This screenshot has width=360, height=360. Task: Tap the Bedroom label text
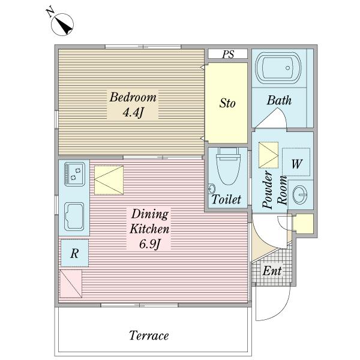[x=133, y=97]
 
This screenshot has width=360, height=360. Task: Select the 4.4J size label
[x=133, y=113]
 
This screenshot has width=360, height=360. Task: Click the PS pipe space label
[x=228, y=54]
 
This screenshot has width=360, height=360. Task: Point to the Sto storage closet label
[x=227, y=103]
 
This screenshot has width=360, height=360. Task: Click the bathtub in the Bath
[x=278, y=68]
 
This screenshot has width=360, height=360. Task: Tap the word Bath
[x=279, y=101]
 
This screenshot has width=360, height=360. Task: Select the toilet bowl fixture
[x=229, y=166]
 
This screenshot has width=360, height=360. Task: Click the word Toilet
[x=226, y=199]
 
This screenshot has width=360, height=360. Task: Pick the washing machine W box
[x=296, y=162]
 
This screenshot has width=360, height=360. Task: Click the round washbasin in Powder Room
[x=300, y=194]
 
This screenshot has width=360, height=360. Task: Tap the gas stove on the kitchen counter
[x=74, y=174]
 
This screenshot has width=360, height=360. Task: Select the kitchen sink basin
[x=74, y=217]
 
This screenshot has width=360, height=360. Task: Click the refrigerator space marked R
[x=75, y=253]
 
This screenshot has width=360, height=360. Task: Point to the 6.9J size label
[x=149, y=244]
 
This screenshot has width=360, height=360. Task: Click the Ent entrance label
[x=272, y=271]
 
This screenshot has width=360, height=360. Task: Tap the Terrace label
[x=149, y=335]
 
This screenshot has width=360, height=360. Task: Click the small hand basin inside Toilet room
[x=212, y=189]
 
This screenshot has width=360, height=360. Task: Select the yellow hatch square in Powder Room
[x=268, y=155]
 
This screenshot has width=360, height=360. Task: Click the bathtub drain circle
[x=287, y=68]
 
